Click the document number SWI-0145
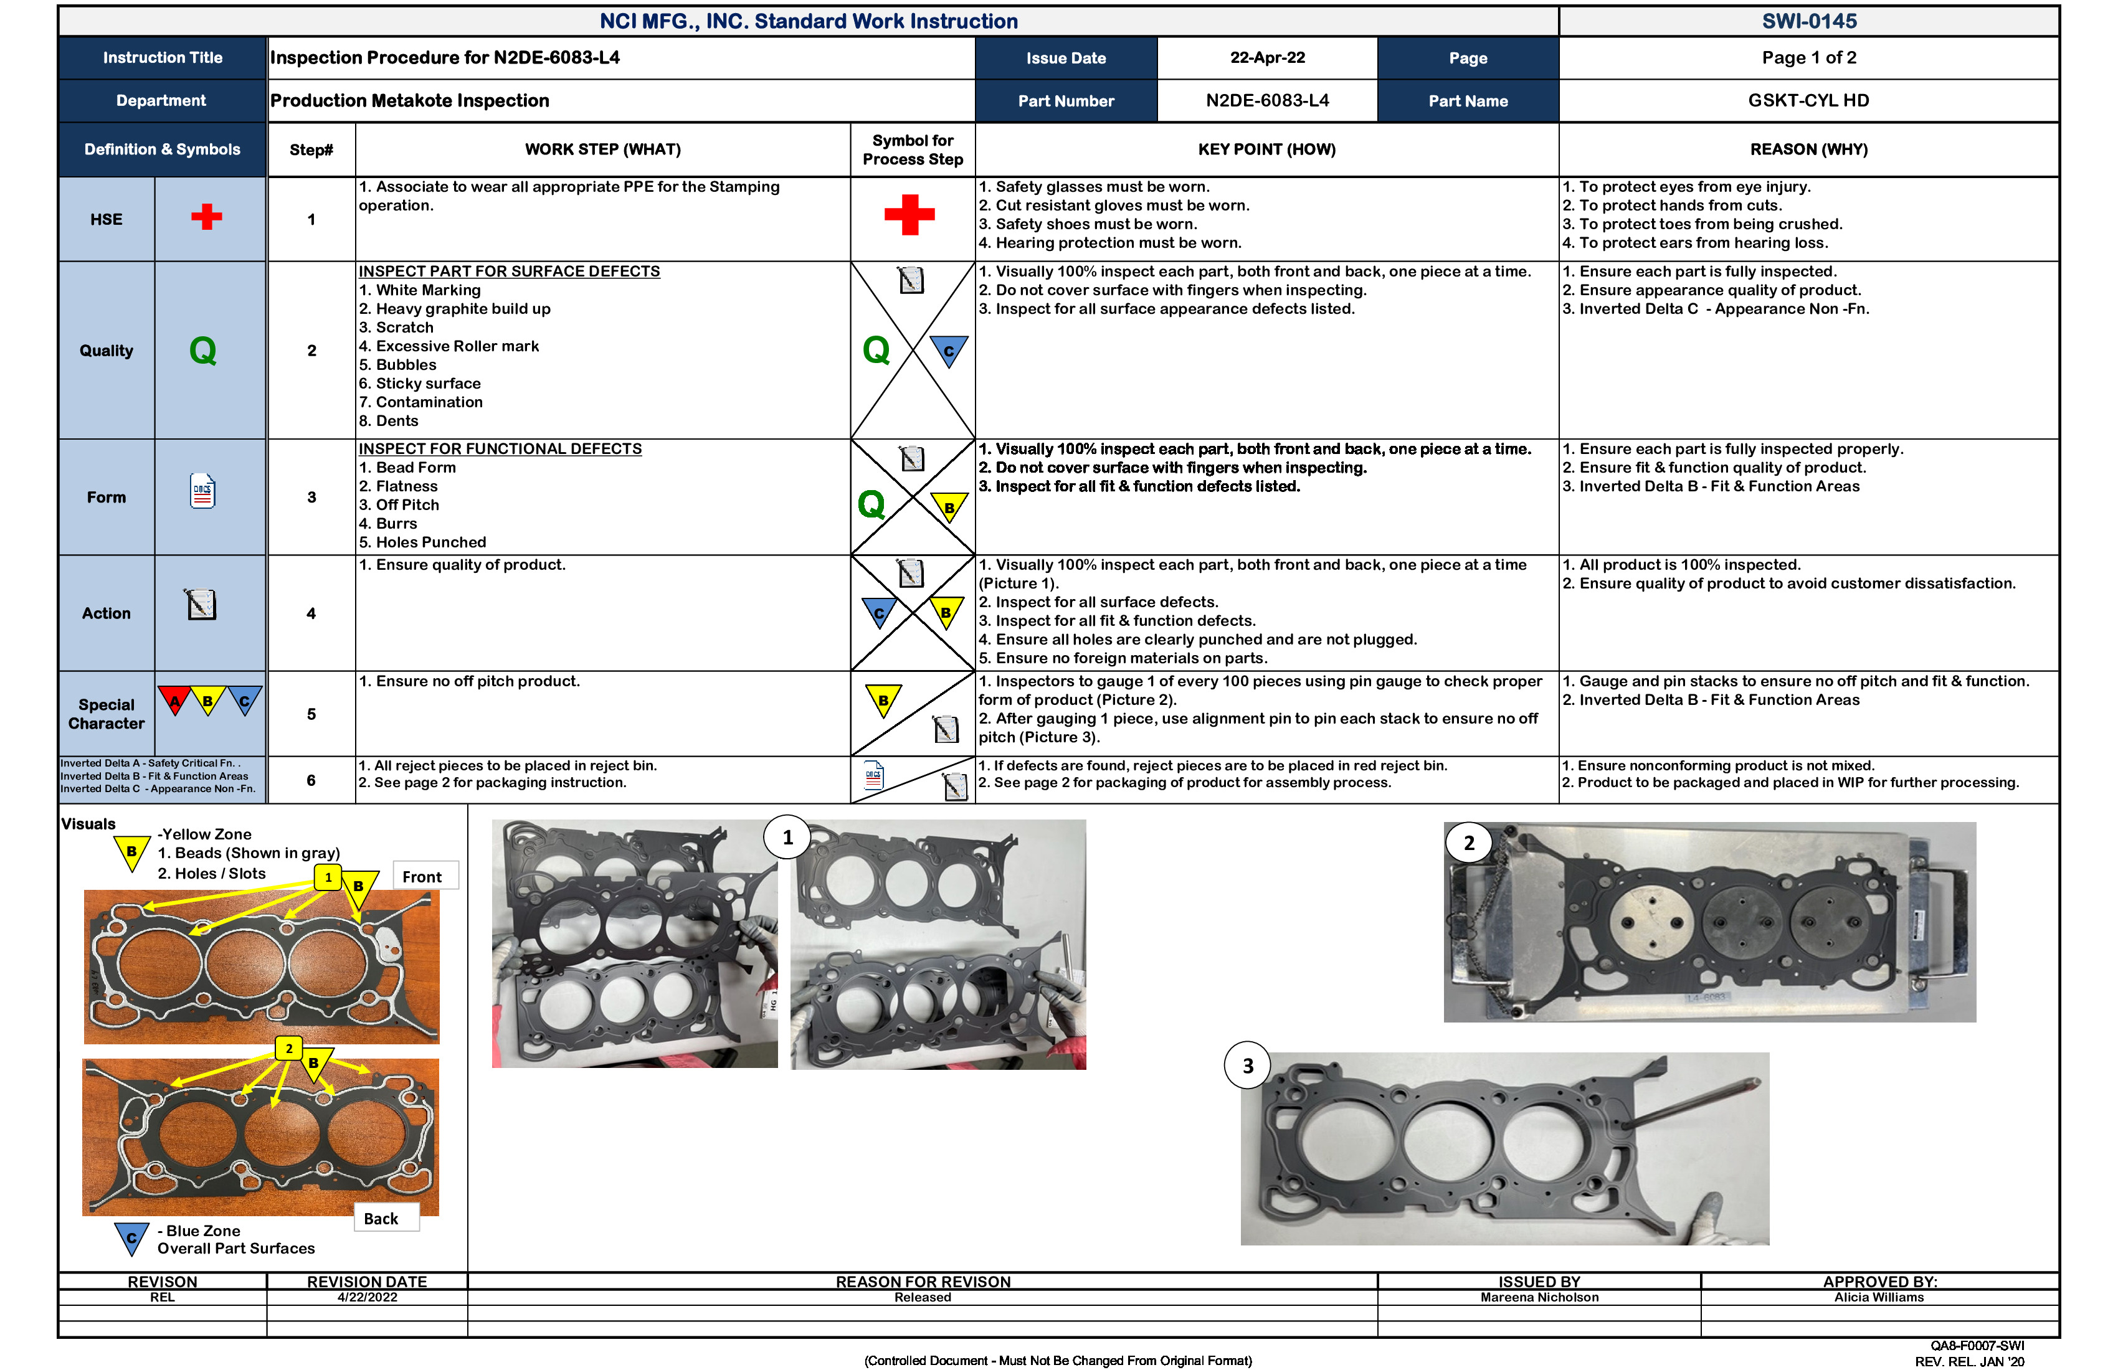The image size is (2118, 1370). pyautogui.click(x=1808, y=21)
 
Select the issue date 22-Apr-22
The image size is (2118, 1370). pyautogui.click(x=1266, y=58)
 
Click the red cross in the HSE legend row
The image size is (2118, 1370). pyautogui.click(x=206, y=217)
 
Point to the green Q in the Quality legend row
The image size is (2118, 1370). pyautogui.click(x=203, y=351)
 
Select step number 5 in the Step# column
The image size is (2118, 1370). pyautogui.click(x=311, y=714)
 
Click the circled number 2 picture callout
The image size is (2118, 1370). pyautogui.click(x=1468, y=843)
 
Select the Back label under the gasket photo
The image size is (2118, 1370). pyautogui.click(x=381, y=1219)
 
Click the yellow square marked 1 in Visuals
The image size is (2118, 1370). pyautogui.click(x=328, y=877)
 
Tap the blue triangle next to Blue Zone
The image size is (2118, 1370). pyautogui.click(x=131, y=1237)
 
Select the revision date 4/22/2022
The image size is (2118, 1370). pyautogui.click(x=367, y=1297)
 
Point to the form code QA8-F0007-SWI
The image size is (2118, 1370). pyautogui.click(x=1977, y=1346)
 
